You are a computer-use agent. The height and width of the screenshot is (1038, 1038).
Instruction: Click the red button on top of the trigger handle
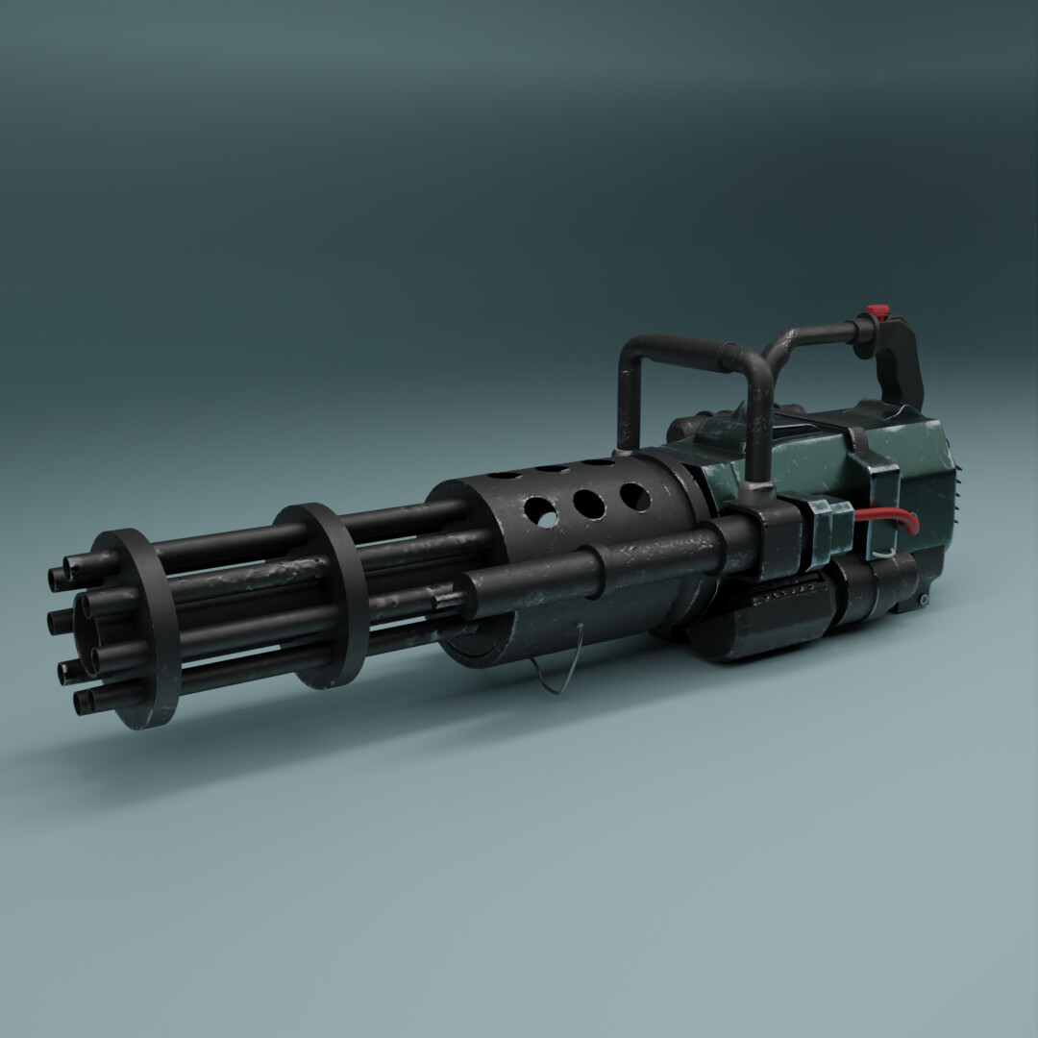[876, 312]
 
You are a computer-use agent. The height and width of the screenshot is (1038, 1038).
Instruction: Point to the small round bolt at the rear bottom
[924, 600]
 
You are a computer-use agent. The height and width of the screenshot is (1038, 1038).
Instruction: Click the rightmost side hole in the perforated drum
[634, 496]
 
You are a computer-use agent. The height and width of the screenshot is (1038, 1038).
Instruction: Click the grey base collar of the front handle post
[759, 490]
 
